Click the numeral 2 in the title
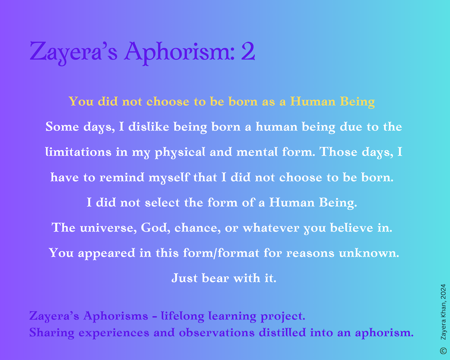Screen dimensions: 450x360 coord(248,51)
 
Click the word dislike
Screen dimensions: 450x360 coord(148,126)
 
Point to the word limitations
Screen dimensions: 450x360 coord(78,152)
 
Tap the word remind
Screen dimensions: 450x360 coord(121,177)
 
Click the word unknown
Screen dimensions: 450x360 coord(369,253)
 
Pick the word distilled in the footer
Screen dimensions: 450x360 coord(283,333)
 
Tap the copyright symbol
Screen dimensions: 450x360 coord(443,351)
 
